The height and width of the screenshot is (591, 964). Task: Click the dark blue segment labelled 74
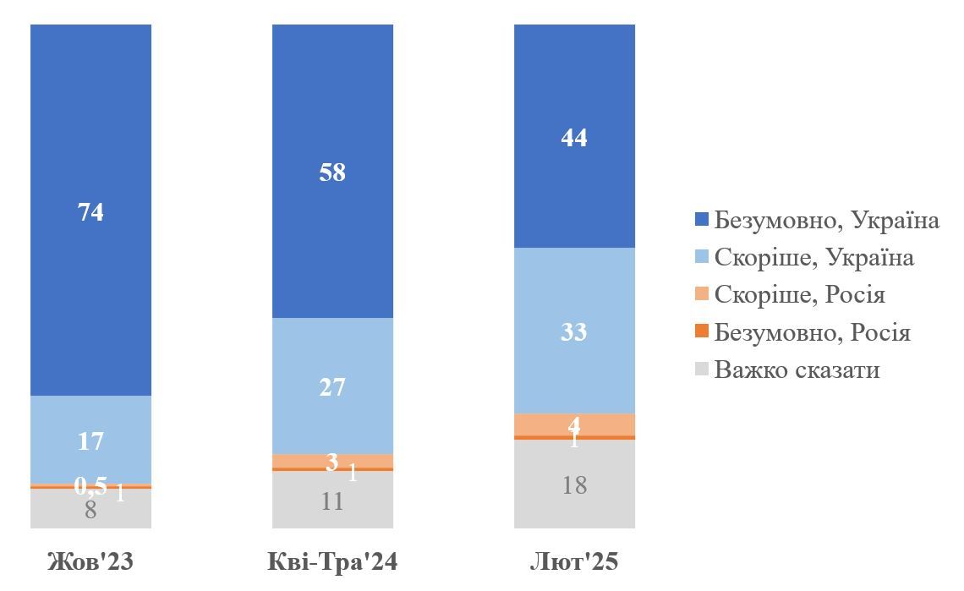pos(90,211)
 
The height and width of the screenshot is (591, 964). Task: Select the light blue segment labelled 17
pos(90,440)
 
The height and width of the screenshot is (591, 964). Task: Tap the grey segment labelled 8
pos(90,510)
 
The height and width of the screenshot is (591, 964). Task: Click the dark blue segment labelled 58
pos(332,172)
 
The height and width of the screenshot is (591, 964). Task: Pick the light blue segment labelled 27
pos(332,386)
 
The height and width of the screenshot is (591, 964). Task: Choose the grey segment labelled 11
pos(332,501)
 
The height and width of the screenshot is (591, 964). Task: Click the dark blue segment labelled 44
pos(574,136)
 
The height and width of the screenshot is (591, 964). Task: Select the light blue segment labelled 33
pos(574,331)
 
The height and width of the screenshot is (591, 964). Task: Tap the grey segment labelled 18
pos(574,484)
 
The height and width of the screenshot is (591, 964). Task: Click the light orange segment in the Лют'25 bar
pos(574,424)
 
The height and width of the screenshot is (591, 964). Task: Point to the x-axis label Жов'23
pos(90,562)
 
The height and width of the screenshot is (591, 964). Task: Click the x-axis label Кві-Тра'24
pos(332,562)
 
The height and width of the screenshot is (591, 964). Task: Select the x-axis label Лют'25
pos(574,562)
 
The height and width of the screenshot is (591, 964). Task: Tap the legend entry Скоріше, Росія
pos(799,294)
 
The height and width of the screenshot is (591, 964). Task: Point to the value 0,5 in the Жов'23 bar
pos(91,485)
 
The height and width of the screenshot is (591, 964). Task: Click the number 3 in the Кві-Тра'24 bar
pos(332,462)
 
